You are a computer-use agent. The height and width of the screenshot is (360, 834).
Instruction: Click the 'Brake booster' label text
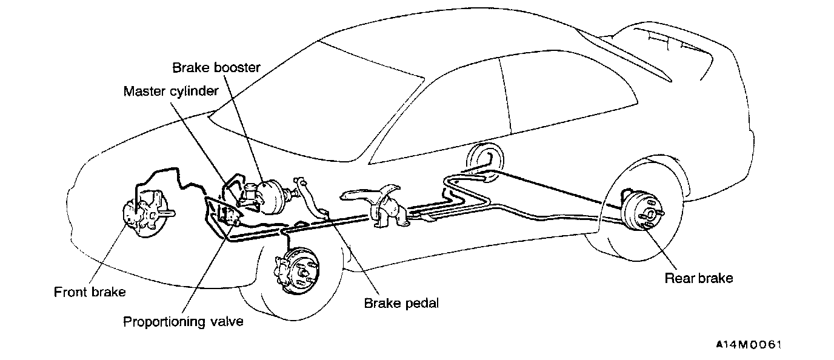216,67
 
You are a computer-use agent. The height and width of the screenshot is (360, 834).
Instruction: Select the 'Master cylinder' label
170,92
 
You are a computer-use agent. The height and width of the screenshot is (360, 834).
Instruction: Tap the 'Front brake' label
90,292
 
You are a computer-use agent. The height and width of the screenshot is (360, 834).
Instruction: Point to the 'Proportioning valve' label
183,321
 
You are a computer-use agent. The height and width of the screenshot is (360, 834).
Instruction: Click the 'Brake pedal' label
401,302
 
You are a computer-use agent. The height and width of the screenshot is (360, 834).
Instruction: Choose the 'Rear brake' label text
699,278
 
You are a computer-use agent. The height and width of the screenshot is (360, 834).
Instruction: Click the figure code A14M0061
749,345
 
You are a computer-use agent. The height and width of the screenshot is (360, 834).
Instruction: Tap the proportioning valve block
227,214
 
